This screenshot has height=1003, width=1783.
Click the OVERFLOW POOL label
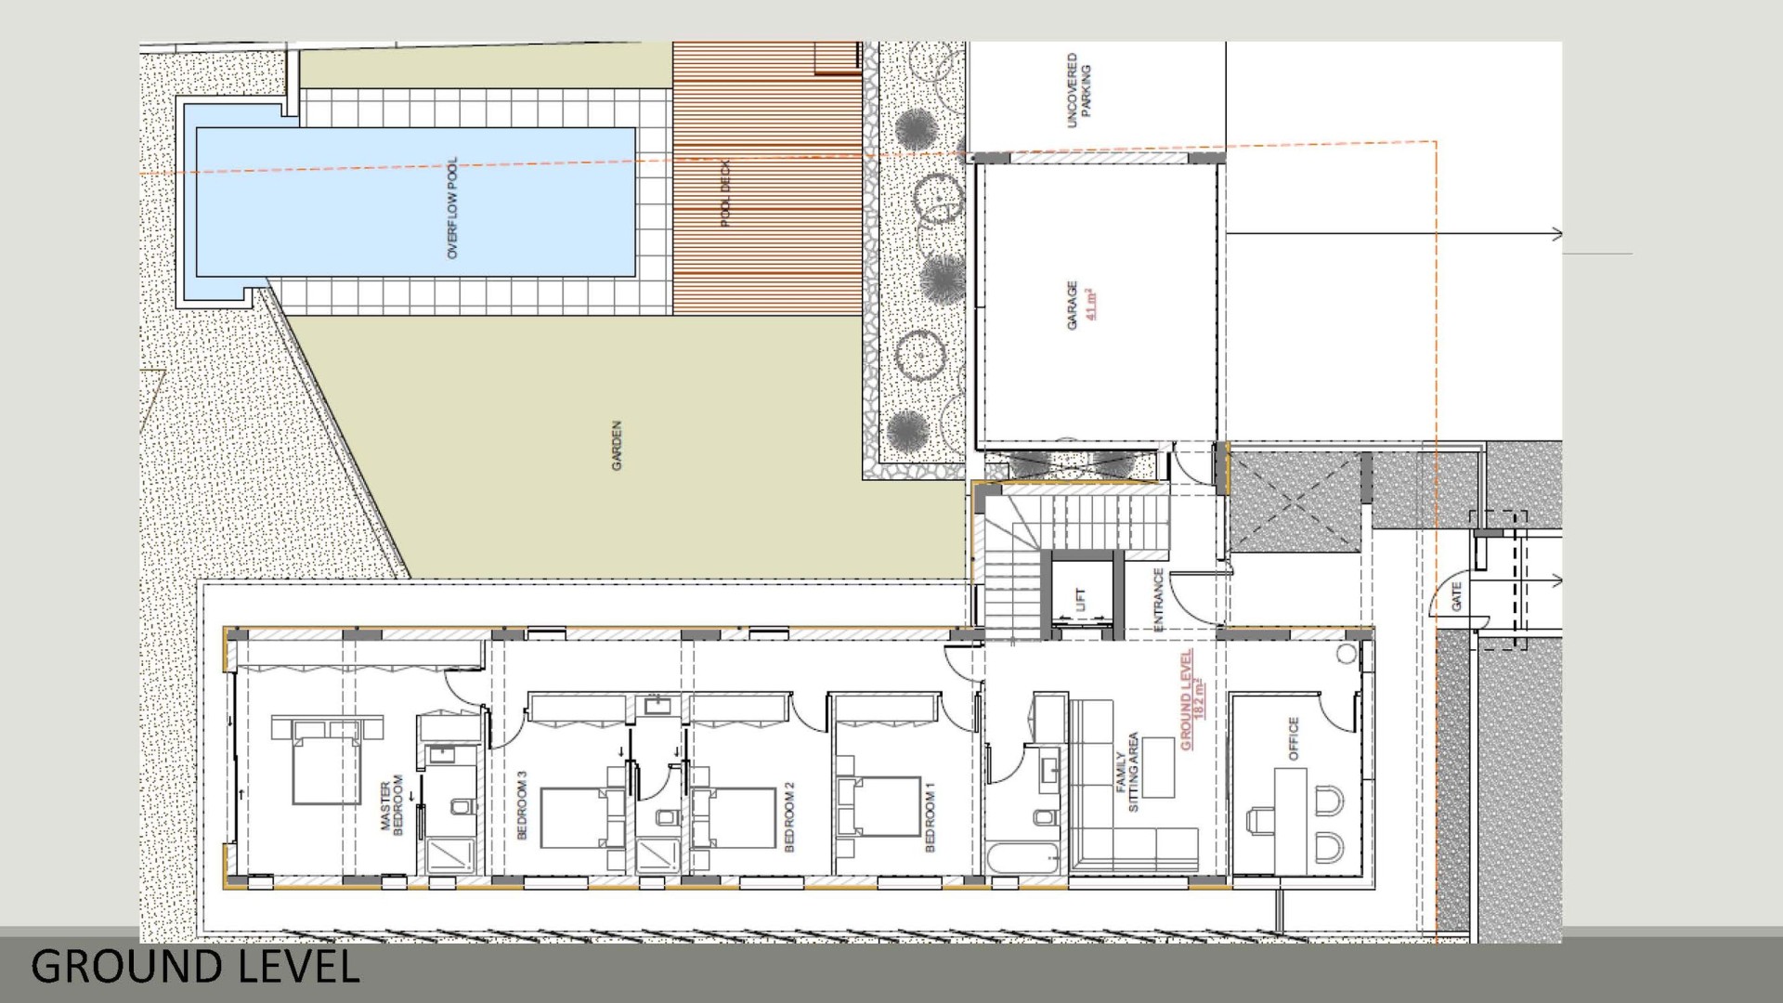coord(452,208)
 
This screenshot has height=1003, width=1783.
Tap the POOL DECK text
coord(726,193)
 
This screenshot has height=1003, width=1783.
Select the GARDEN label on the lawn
coord(617,446)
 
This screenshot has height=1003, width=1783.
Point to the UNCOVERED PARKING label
coord(1079,90)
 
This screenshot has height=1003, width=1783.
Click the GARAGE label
coord(1073,306)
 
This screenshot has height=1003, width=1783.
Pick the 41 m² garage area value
coord(1091,306)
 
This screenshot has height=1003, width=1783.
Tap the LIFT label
coord(1079,599)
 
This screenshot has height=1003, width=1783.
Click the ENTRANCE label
coord(1158,600)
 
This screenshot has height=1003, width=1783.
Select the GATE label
coord(1456,596)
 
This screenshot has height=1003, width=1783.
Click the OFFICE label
coord(1294,738)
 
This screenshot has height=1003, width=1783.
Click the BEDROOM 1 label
coord(931,816)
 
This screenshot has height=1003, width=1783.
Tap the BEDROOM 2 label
coord(789,816)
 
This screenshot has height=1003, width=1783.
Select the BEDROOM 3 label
coord(521,805)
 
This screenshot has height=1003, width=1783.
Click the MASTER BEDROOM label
coord(392,804)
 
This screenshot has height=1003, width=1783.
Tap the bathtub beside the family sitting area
coord(1025,858)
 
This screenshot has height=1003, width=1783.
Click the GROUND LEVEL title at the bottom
coord(195,967)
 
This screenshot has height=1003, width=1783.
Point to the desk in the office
coord(1290,823)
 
